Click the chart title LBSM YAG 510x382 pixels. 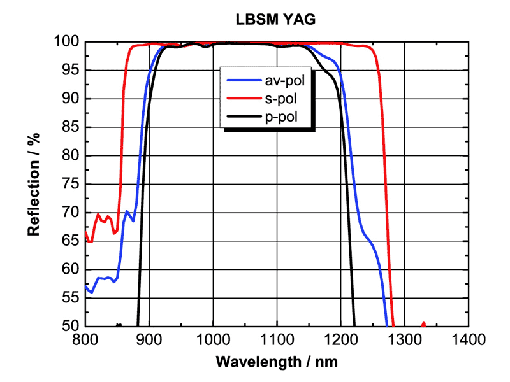click(x=276, y=19)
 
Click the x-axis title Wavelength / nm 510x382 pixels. click(x=276, y=362)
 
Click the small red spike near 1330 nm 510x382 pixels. click(x=424, y=324)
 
